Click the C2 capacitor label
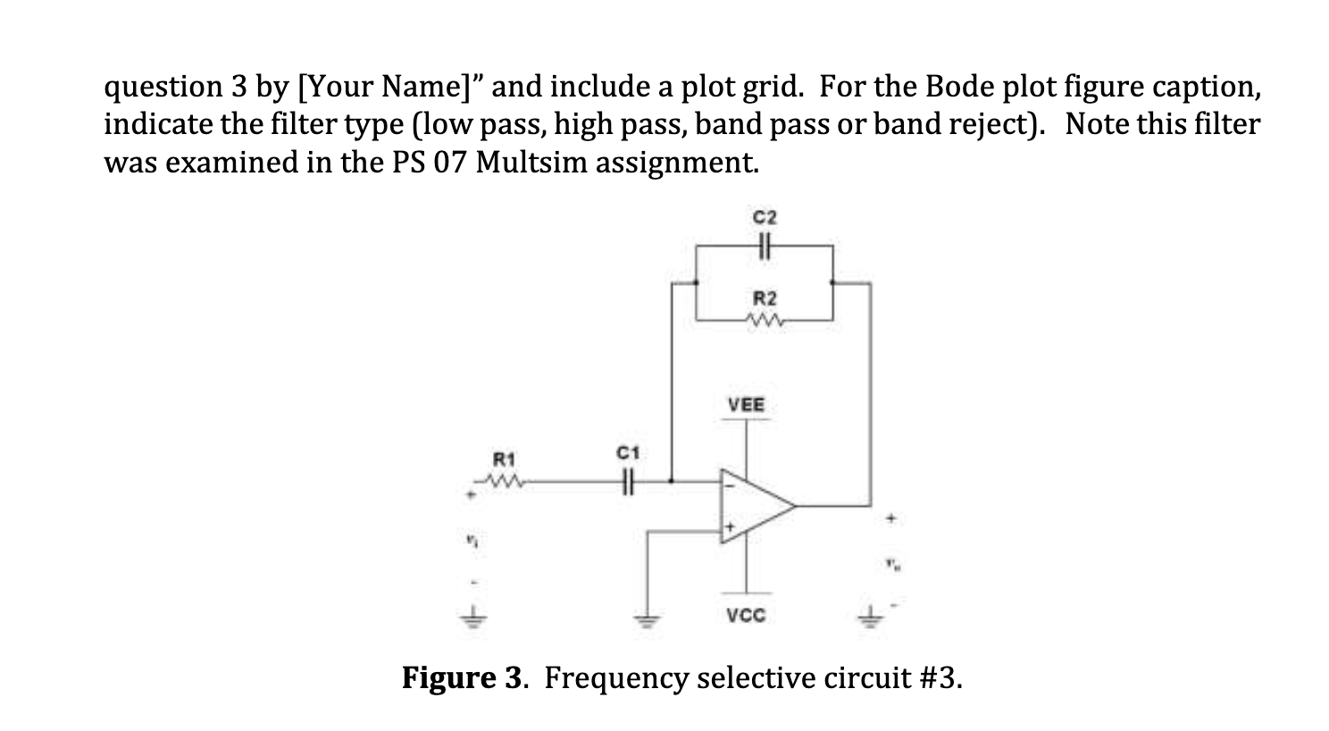click(765, 217)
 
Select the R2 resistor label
click(765, 297)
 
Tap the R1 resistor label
click(506, 459)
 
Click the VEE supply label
click(747, 405)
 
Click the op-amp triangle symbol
click(756, 506)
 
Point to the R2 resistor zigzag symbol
click(765, 319)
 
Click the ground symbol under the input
click(474, 618)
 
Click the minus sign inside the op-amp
click(730, 487)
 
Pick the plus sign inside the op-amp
click(729, 528)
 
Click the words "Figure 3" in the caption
click(460, 678)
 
